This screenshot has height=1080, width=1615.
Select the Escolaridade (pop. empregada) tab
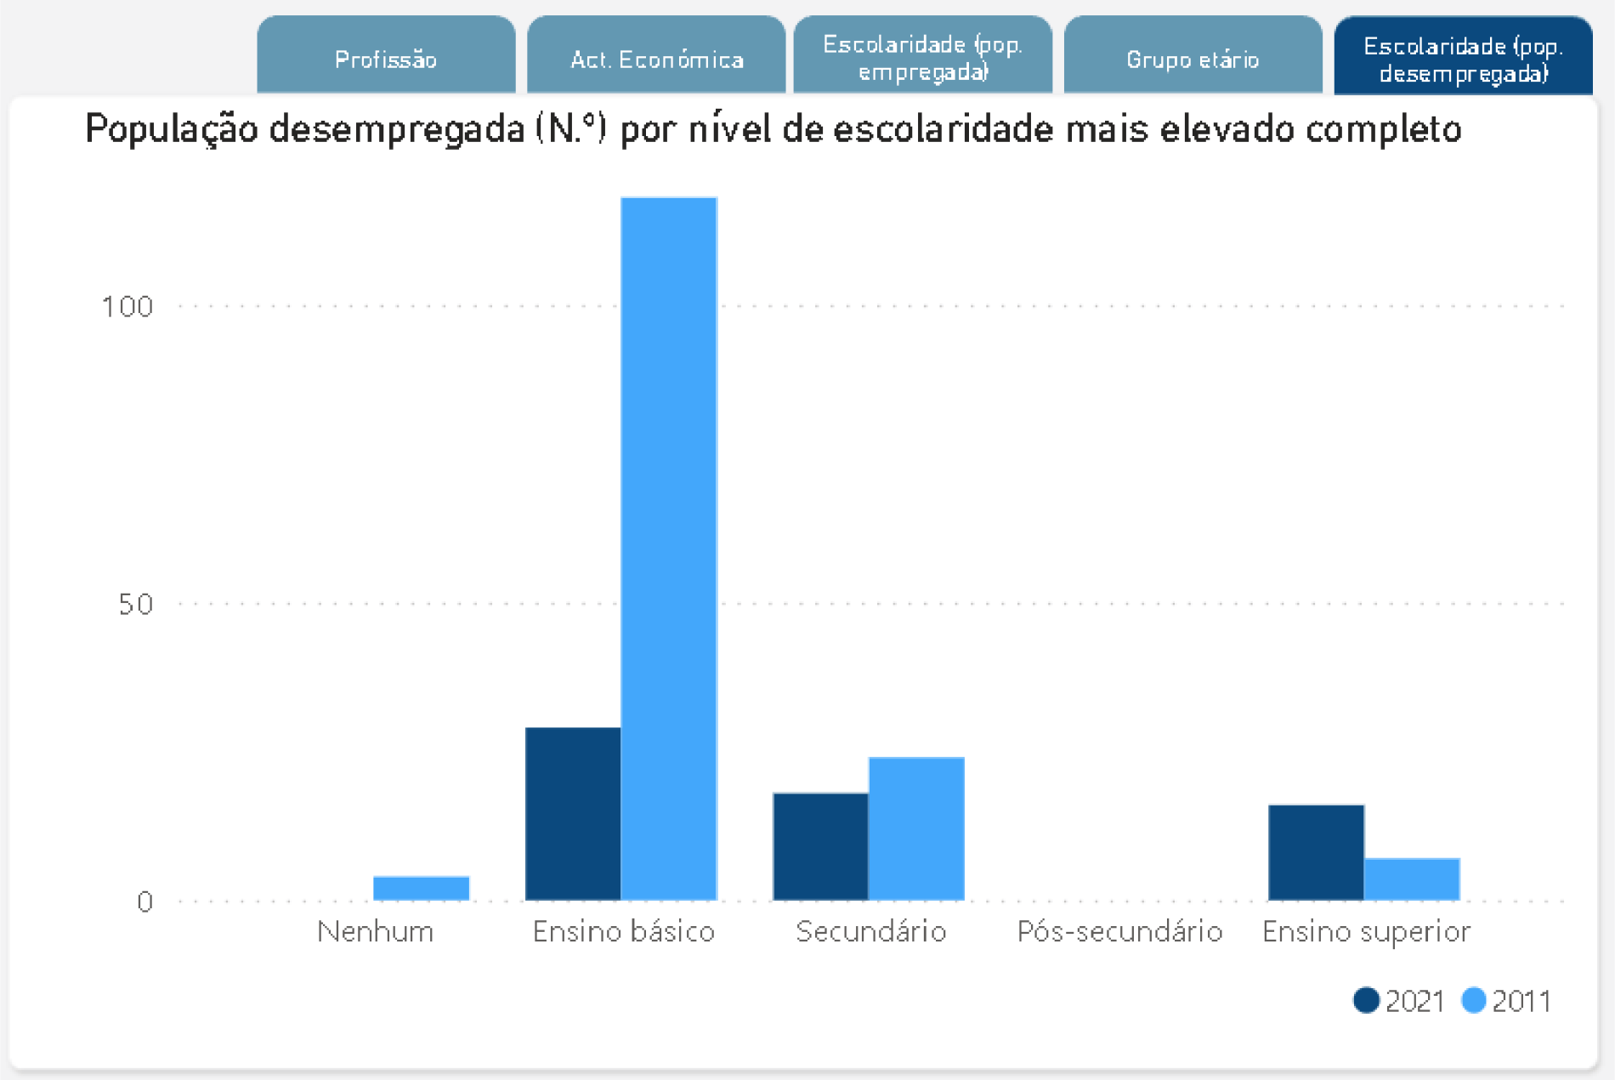point(923,57)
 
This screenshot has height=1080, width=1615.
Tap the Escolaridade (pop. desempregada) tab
point(1463,58)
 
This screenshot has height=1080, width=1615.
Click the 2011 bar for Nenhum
point(422,888)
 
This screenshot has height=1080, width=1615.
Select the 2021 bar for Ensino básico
point(573,813)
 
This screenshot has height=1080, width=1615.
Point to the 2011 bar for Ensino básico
point(669,549)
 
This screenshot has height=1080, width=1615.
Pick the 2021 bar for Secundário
point(820,846)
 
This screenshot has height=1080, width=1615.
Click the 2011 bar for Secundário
point(916,828)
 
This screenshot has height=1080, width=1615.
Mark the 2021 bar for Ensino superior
point(1316,852)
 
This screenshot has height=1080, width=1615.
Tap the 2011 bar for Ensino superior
point(1412,878)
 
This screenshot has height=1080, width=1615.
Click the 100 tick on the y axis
point(127,306)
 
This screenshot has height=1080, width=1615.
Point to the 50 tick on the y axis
point(135,604)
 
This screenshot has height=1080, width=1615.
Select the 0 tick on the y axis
point(144,901)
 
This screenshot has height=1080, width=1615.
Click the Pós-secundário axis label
point(1119,932)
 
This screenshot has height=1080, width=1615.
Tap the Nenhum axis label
point(375,932)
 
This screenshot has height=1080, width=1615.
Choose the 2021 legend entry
point(1399,1001)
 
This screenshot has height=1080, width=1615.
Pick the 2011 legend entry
point(1506,1001)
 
